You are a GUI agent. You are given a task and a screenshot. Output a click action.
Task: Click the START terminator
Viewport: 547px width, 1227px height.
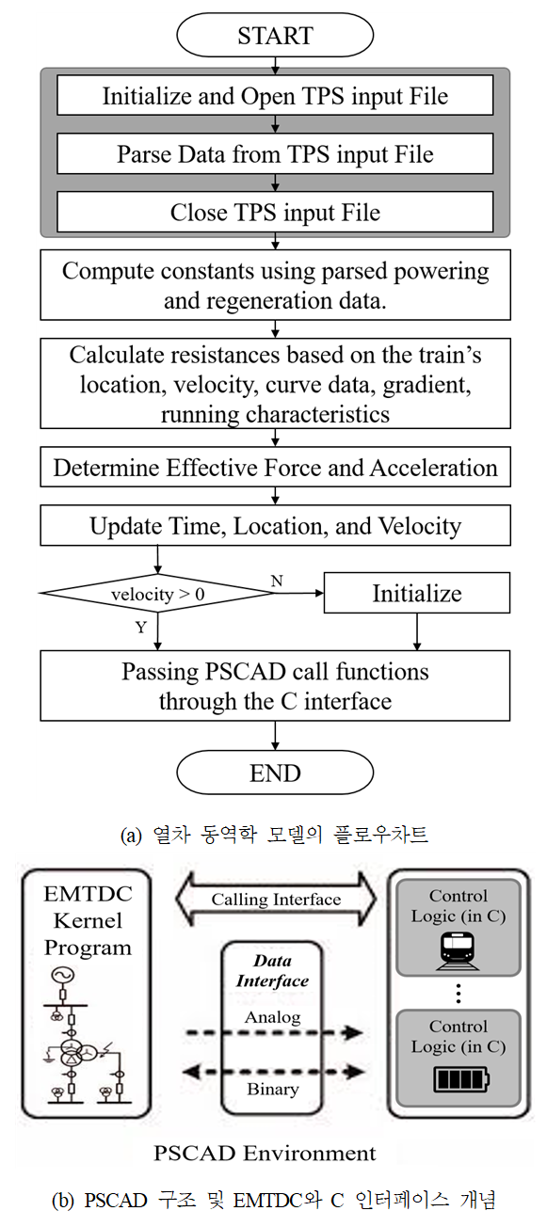point(275,35)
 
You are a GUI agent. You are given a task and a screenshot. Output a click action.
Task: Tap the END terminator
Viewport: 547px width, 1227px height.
point(275,773)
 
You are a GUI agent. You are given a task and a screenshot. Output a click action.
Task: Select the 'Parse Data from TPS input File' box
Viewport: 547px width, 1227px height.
point(275,154)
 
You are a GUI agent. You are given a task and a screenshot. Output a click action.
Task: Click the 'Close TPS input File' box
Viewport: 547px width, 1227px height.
point(275,212)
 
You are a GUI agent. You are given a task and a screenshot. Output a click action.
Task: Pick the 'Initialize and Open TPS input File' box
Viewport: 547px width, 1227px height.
point(275,95)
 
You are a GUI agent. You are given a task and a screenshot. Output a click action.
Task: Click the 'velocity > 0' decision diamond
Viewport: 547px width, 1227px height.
point(157,593)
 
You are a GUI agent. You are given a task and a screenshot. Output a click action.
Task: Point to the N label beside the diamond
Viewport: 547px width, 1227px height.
point(277,581)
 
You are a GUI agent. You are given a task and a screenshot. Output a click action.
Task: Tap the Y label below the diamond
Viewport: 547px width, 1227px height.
point(141,628)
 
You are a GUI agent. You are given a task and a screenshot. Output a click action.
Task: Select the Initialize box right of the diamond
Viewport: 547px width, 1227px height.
point(416,593)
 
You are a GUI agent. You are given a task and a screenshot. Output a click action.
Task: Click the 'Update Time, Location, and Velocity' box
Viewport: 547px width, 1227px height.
point(275,525)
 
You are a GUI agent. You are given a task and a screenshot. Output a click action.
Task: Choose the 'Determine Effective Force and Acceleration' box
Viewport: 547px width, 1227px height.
point(275,468)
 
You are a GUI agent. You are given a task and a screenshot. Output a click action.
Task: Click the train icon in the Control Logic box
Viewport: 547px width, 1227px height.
point(458,951)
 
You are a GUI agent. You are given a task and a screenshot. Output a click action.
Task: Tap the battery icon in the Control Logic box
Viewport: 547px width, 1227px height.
point(461,1079)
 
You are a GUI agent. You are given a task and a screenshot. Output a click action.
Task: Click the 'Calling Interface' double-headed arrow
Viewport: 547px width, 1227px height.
point(276,899)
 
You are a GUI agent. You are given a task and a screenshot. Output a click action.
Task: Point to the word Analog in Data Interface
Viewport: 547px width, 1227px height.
point(272,1017)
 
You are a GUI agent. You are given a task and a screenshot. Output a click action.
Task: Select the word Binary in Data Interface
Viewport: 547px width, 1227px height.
point(272,1089)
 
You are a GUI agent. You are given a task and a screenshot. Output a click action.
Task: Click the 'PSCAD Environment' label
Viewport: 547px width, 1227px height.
point(265,1153)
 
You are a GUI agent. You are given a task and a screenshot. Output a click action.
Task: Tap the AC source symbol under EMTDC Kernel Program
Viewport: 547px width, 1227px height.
point(62,976)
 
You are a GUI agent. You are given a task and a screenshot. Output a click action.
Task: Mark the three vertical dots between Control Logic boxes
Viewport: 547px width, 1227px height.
point(459,993)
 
